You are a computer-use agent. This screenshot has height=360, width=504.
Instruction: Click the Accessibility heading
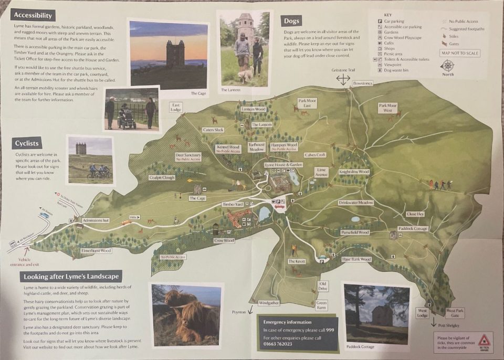tap(33, 15)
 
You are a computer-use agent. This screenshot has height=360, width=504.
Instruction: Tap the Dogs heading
tap(291, 21)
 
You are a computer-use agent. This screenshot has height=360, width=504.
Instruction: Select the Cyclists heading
tap(27, 143)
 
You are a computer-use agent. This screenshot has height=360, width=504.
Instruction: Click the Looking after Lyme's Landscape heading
tap(71, 276)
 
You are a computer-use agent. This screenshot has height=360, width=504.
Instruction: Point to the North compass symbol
tap(447, 66)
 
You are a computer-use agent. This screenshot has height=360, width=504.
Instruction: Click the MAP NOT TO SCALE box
tap(460, 53)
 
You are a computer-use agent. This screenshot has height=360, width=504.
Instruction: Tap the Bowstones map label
tap(362, 83)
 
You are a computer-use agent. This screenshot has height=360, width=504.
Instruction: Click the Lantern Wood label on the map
tap(254, 109)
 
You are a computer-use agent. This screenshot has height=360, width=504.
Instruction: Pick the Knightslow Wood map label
tap(354, 172)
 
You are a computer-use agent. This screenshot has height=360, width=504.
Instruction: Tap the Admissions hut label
tap(96, 220)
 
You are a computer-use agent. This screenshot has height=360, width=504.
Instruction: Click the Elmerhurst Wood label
tap(96, 251)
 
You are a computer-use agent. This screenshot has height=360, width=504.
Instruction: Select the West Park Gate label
tap(455, 313)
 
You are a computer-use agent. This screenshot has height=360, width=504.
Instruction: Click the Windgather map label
tap(269, 303)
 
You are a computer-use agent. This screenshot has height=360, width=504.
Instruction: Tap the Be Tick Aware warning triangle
tap(484, 340)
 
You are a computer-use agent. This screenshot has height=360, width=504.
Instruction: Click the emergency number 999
tap(330, 330)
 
